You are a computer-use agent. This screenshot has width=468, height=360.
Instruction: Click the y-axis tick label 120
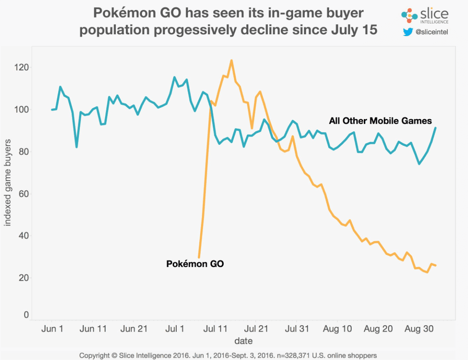(22, 68)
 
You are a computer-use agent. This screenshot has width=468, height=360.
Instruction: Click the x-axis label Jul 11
(216, 328)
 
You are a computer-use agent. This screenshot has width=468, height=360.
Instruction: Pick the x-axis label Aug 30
(417, 328)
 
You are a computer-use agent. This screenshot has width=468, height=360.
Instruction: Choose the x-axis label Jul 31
(297, 328)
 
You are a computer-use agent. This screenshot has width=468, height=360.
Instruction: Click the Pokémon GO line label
(195, 264)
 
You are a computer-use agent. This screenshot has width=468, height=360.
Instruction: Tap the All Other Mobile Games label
(381, 121)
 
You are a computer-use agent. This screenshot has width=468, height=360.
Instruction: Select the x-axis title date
(243, 340)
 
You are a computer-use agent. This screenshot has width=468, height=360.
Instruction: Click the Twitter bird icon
(408, 32)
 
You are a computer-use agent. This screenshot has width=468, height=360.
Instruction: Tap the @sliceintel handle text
(432, 32)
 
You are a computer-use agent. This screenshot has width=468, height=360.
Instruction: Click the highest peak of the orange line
(231, 60)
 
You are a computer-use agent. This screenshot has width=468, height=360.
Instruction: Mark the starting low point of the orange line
(199, 257)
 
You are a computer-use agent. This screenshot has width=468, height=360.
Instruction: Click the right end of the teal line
(436, 128)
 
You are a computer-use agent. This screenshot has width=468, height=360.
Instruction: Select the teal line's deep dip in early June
(77, 147)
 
